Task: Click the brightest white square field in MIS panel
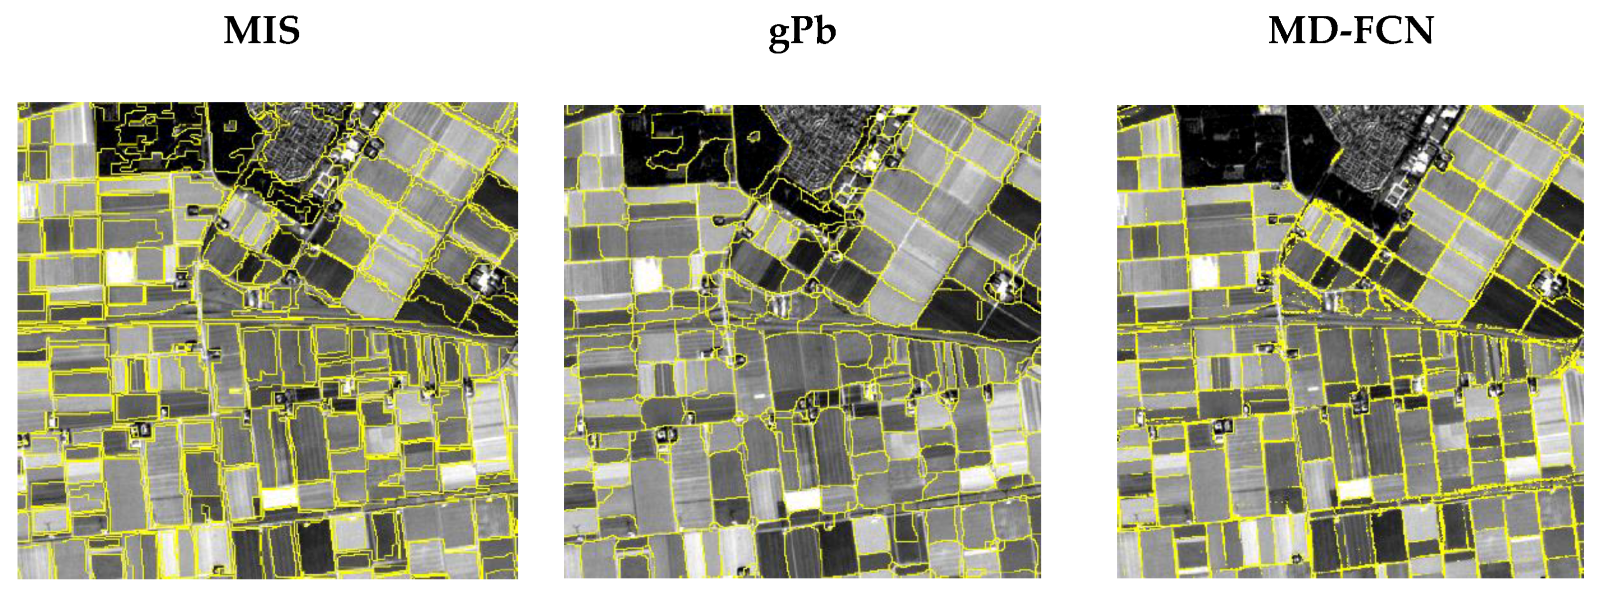[120, 266]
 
